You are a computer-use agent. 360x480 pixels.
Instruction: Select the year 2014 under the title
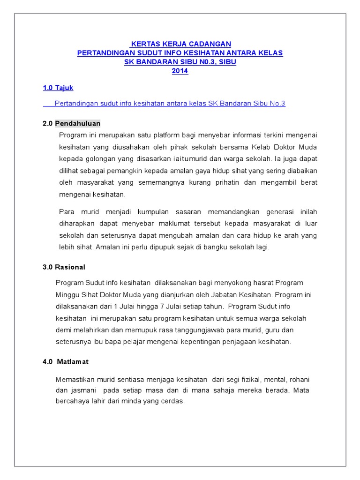coord(180,71)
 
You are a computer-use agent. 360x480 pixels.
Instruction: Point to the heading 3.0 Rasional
coord(64,267)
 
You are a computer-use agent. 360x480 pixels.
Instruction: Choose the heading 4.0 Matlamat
coord(66,362)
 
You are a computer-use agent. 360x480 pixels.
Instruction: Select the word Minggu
coord(68,295)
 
